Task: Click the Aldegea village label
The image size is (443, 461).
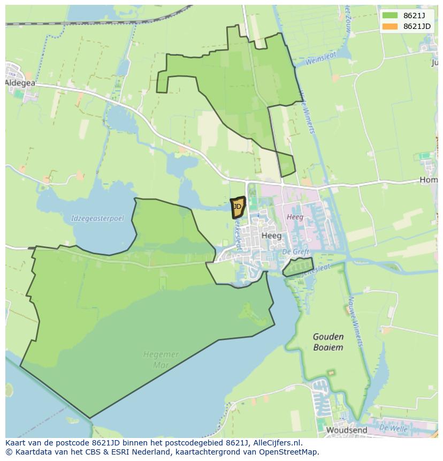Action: [20, 83]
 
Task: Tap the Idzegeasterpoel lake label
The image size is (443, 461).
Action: [97, 218]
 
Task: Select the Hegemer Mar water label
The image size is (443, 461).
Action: [161, 360]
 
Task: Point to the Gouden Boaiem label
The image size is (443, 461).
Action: [328, 342]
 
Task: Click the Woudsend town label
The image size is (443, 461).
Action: [346, 430]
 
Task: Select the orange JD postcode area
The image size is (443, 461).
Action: [238, 207]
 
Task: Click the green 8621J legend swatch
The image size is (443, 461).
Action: [390, 15]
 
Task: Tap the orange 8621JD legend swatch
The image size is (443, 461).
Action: [390, 26]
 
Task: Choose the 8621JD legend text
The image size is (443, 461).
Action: [417, 26]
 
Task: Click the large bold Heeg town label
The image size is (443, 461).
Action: [271, 236]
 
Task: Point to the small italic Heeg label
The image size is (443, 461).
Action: [295, 217]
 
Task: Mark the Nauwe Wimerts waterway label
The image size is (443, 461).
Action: [355, 321]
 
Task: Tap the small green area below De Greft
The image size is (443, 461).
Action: [298, 266]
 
